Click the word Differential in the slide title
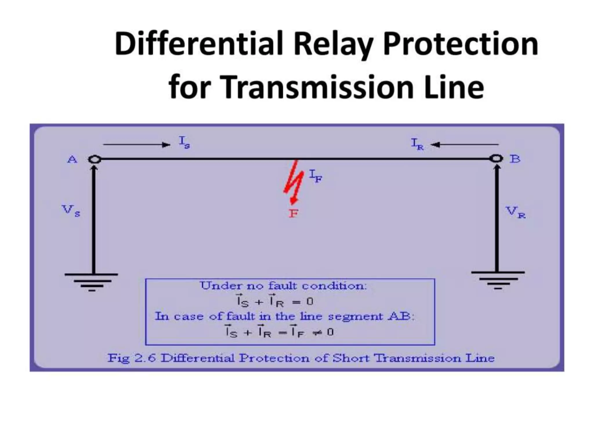[198, 44]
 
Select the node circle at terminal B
[496, 159]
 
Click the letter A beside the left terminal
[72, 159]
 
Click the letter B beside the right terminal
[515, 159]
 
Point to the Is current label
[184, 143]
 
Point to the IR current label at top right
[417, 144]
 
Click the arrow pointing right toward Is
[137, 145]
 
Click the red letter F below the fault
[293, 214]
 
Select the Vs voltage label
[71, 211]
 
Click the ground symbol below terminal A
[91, 282]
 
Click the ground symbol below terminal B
[498, 280]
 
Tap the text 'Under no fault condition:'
[283, 286]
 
